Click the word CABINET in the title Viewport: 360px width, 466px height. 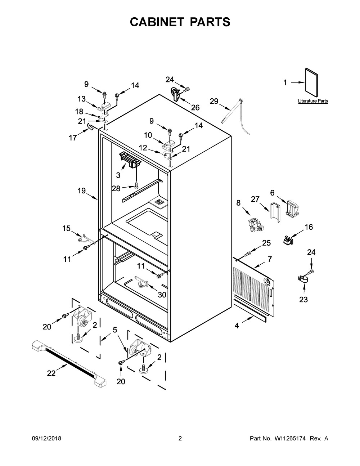(157, 22)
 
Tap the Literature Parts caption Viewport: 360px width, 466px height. (313, 101)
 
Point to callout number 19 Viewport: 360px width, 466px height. (81, 191)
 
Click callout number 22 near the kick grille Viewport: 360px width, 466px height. (51, 373)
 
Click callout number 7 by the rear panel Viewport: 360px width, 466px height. (269, 259)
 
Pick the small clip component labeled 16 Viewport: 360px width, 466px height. (288, 240)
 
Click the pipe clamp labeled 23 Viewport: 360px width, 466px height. (303, 279)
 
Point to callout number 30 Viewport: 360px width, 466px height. (162, 295)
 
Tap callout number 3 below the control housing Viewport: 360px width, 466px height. (118, 175)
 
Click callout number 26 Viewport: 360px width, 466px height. (195, 107)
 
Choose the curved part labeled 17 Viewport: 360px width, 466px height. (90, 126)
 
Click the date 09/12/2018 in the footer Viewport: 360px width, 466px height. (46, 438)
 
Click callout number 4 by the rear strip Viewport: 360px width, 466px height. (237, 326)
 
